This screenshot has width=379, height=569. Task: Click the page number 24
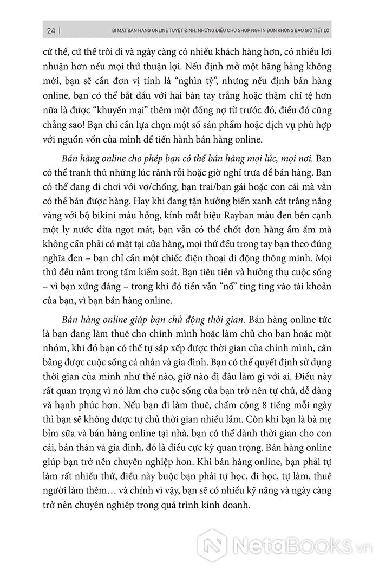(48, 30)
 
